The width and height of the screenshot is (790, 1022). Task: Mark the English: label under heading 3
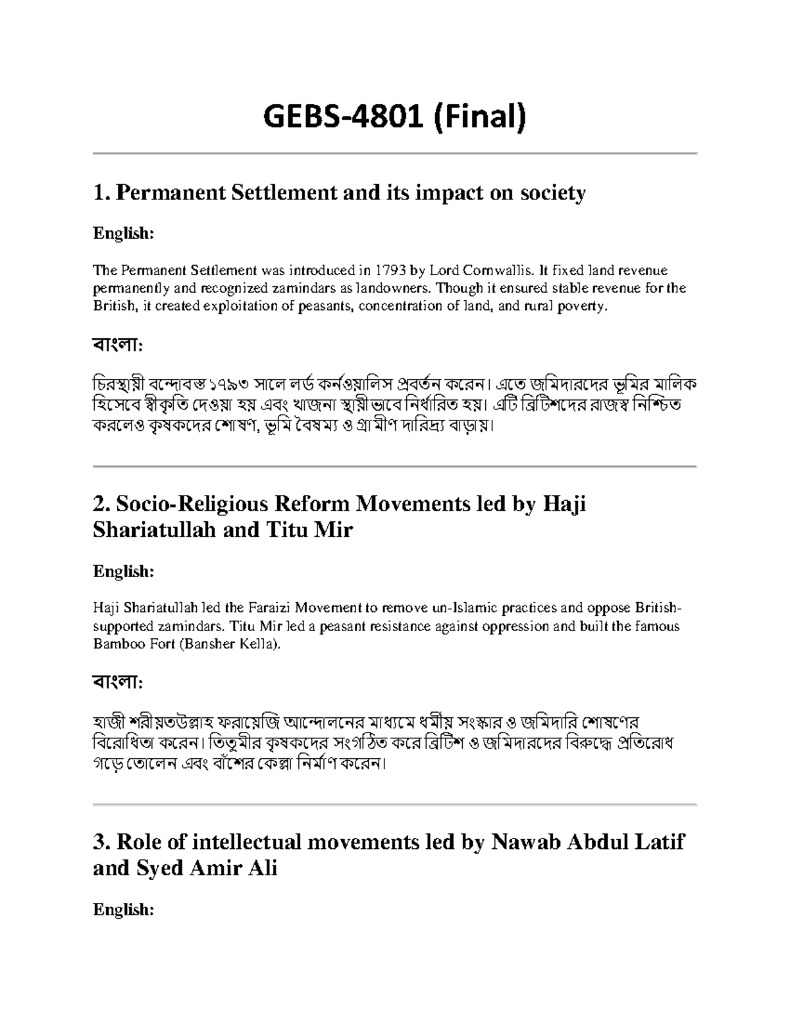[123, 909]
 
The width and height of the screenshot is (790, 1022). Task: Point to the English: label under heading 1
[123, 234]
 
